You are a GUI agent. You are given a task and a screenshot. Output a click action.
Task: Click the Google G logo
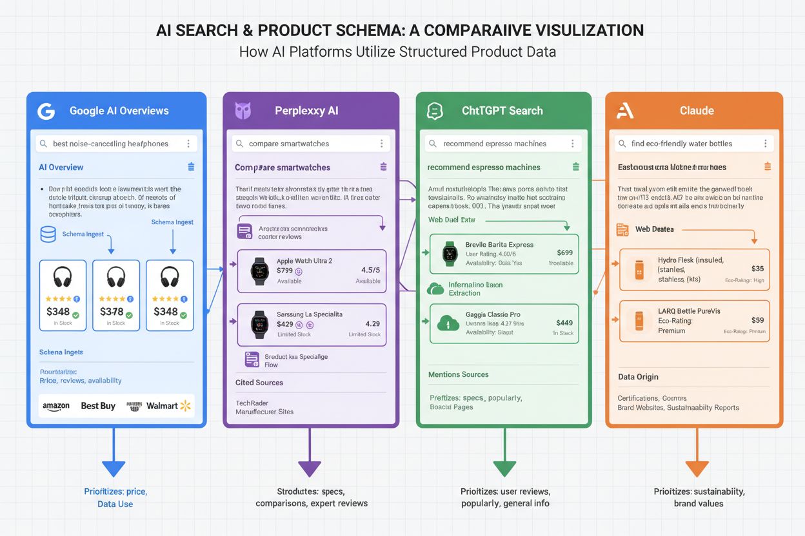[x=46, y=111]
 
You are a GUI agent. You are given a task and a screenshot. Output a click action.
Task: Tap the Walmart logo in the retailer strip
[x=168, y=405]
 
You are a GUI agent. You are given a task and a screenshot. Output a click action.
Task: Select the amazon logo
[x=56, y=406]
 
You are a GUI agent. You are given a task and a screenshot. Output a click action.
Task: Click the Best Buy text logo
[x=98, y=406]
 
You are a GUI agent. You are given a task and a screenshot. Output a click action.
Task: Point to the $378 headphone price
[x=111, y=312]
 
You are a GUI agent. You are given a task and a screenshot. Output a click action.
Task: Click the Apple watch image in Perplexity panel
[x=259, y=271]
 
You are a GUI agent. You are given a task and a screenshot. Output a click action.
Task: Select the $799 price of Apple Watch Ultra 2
[x=284, y=271]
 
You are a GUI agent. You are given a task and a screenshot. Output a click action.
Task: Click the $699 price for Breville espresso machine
[x=564, y=253]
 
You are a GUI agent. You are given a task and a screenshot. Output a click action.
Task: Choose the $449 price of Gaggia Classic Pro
[x=564, y=323]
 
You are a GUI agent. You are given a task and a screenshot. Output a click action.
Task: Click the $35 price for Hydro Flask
[x=758, y=269]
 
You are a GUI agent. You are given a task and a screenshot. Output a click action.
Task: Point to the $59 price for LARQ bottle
[x=758, y=320]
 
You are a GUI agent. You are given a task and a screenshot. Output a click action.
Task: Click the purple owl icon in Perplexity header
[x=243, y=111]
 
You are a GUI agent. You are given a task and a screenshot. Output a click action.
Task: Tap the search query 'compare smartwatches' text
[x=288, y=144]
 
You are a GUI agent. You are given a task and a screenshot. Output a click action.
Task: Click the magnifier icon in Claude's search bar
[x=622, y=144]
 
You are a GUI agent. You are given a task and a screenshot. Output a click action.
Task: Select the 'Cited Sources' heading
[x=259, y=383]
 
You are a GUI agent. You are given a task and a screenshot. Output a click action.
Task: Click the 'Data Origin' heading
[x=638, y=377]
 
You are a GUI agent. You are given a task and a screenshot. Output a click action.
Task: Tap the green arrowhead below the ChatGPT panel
[x=504, y=469]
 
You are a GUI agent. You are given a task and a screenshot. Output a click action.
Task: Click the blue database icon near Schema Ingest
[x=48, y=234]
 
